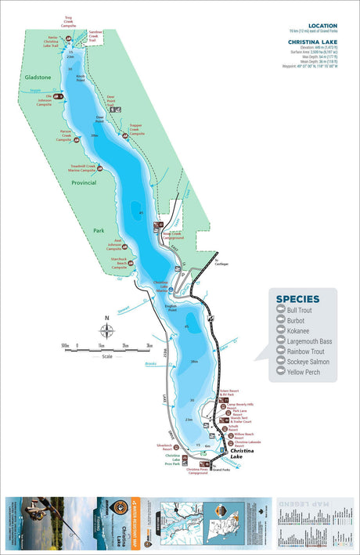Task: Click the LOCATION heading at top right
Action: coord(323,25)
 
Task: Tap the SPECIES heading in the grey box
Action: coord(297,298)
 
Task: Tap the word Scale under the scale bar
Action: coord(106,356)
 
